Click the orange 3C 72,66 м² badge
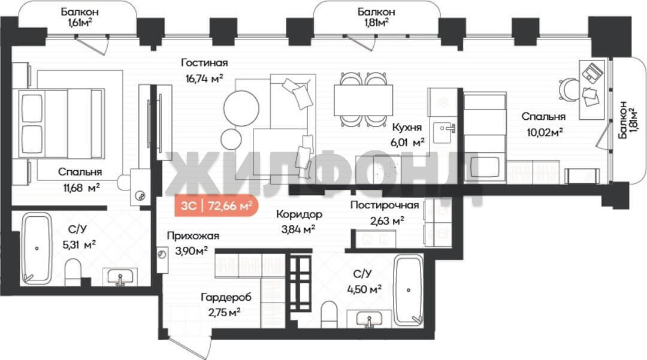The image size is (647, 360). pyautogui.click(x=217, y=205)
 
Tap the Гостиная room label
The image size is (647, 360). pyautogui.click(x=204, y=63)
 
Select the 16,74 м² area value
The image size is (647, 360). pyautogui.click(x=204, y=78)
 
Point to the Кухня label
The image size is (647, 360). pyautogui.click(x=407, y=128)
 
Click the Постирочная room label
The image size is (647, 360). pyautogui.click(x=385, y=205)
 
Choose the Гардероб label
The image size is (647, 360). pyautogui.click(x=226, y=297)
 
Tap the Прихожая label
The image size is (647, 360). pyautogui.click(x=193, y=236)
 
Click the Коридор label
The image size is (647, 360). pyautogui.click(x=299, y=214)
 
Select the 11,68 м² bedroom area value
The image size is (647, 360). pyautogui.click(x=81, y=188)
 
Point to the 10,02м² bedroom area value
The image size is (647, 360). pyautogui.click(x=545, y=132)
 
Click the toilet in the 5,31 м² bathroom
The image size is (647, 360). pyautogui.click(x=74, y=271)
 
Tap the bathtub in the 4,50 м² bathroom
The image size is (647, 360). pyautogui.click(x=409, y=291)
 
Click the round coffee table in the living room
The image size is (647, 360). pyautogui.click(x=241, y=108)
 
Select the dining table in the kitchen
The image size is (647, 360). pyautogui.click(x=363, y=100)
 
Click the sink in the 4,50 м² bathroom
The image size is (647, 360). pyautogui.click(x=369, y=320)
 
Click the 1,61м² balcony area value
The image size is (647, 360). pyautogui.click(x=80, y=23)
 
